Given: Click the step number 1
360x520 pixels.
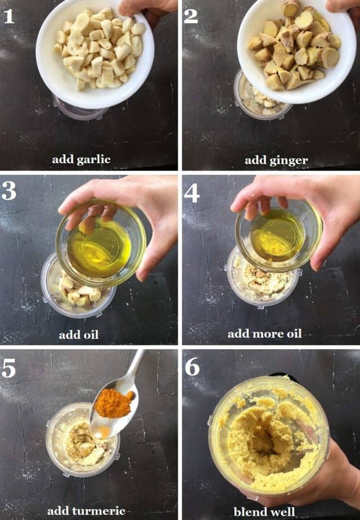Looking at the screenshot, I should coord(8,16).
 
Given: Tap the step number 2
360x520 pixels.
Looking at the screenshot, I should coord(191,16).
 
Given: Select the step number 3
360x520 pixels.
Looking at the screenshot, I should coord(9,191).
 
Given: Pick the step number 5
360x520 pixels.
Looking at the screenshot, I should coord(9,367).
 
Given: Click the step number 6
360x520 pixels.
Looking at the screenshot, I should coord(192,367).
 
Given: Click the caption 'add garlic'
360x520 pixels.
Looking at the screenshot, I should coord(82,159).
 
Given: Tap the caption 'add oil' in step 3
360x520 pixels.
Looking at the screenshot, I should coord(79,335).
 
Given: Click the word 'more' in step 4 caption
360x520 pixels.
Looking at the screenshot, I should coord(267,334).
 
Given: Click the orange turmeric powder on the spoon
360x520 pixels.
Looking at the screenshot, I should coord(114,404).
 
